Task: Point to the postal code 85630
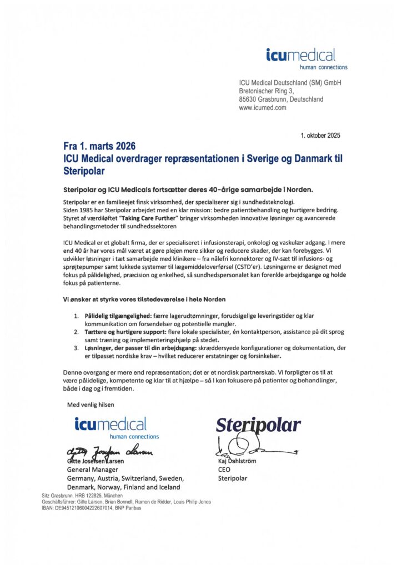tap(249, 99)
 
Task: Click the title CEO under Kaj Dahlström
tap(224, 470)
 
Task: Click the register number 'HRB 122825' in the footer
tap(89, 495)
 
